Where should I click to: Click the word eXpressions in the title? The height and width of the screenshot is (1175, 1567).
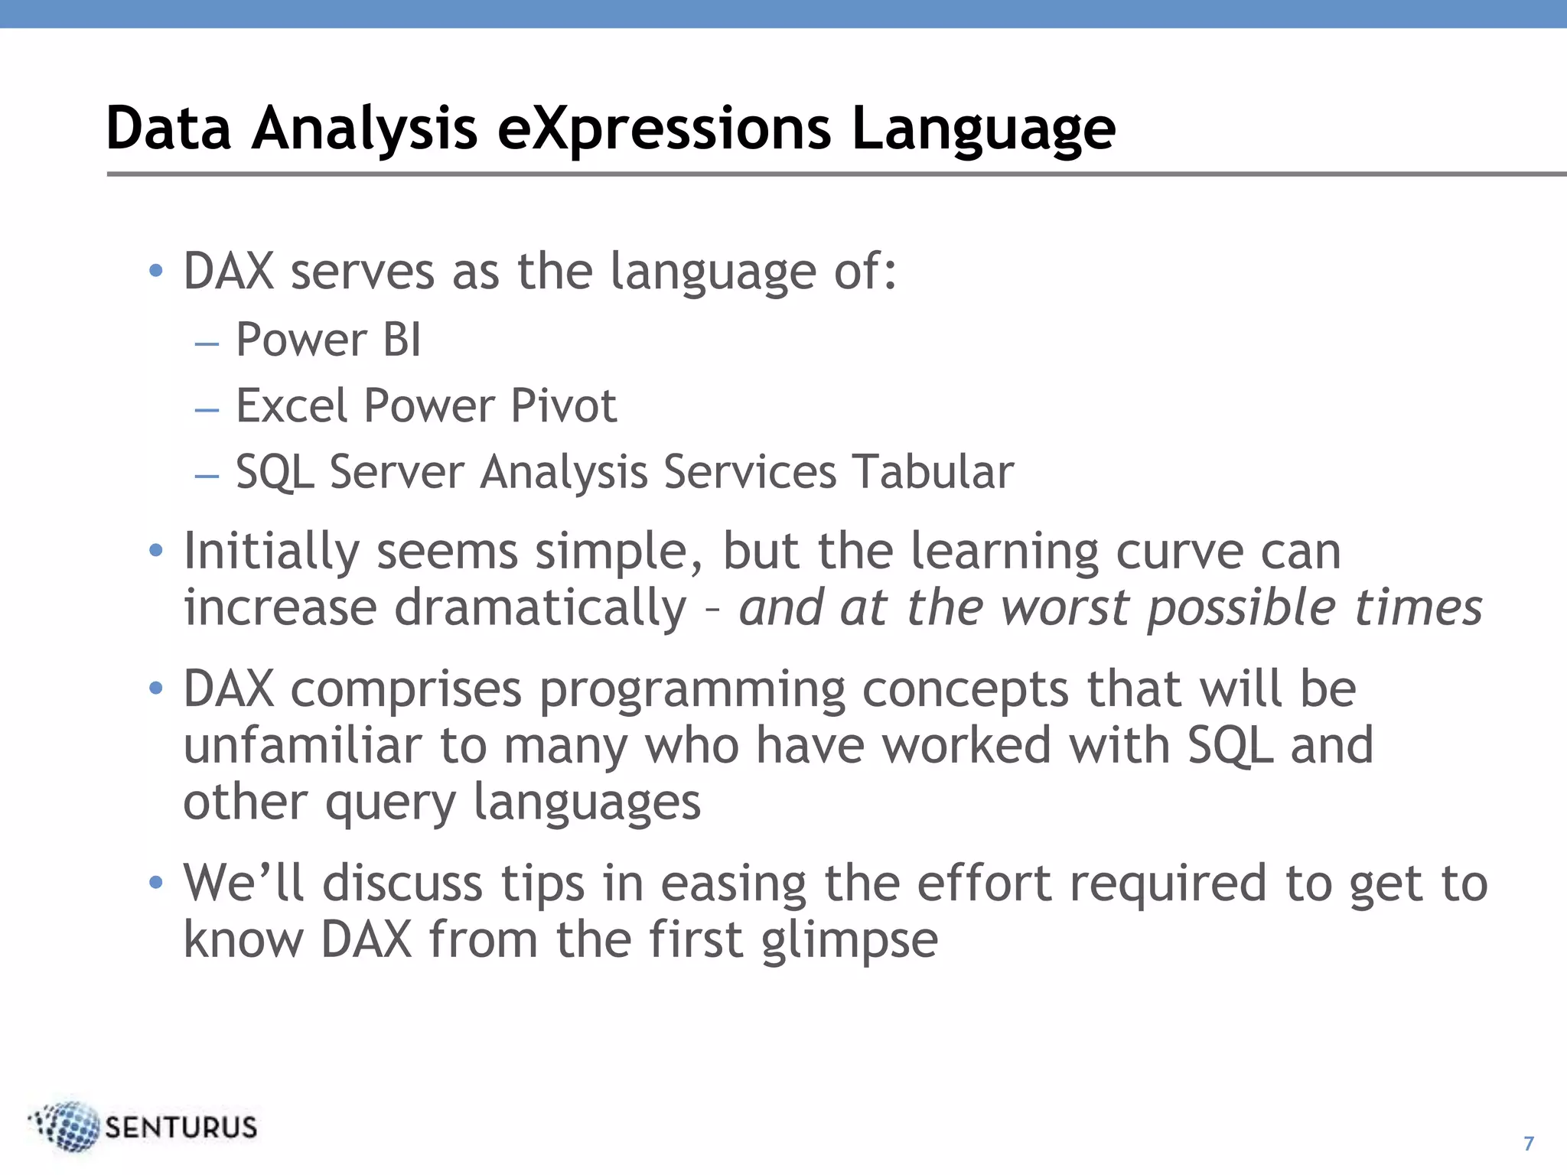[x=663, y=129]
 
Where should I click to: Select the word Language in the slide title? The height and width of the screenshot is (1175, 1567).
[x=983, y=129]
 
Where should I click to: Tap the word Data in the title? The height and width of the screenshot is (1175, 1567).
[x=168, y=129]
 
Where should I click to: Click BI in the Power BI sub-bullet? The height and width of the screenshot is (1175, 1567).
[x=402, y=340]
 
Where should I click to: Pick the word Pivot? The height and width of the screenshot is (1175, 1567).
[x=563, y=405]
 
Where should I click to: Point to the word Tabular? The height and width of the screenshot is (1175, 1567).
[x=933, y=471]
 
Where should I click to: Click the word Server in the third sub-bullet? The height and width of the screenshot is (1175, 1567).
[x=396, y=471]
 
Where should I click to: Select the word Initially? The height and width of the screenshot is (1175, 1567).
[x=271, y=551]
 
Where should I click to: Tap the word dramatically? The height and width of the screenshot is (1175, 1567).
[x=540, y=607]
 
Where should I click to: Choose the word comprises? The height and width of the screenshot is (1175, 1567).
[x=406, y=689]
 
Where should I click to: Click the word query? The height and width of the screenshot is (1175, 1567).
[x=390, y=803]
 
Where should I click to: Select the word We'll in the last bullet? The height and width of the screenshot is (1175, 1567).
[x=243, y=883]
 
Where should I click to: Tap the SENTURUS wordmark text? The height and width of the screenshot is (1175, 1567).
[x=181, y=1128]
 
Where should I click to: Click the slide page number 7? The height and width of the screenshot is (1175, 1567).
[x=1529, y=1143]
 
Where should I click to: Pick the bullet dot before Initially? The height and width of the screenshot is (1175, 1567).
[x=156, y=551]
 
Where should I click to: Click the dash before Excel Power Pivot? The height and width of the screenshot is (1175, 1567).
[x=207, y=410]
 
